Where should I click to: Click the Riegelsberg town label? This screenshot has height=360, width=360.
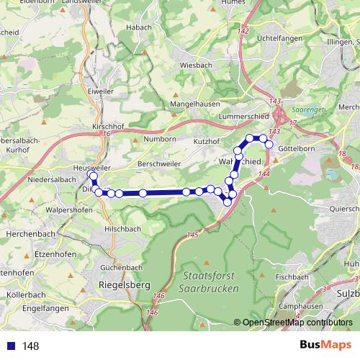[x=123, y=285]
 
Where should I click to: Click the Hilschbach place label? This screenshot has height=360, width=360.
[x=122, y=228]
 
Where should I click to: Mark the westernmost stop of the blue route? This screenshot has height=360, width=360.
[x=91, y=175]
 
